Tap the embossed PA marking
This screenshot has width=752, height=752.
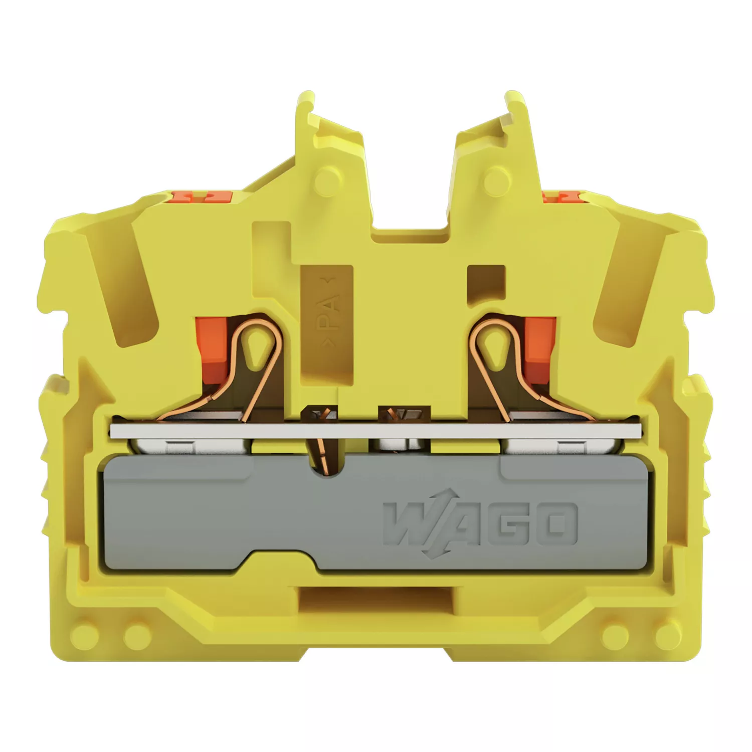(328, 312)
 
